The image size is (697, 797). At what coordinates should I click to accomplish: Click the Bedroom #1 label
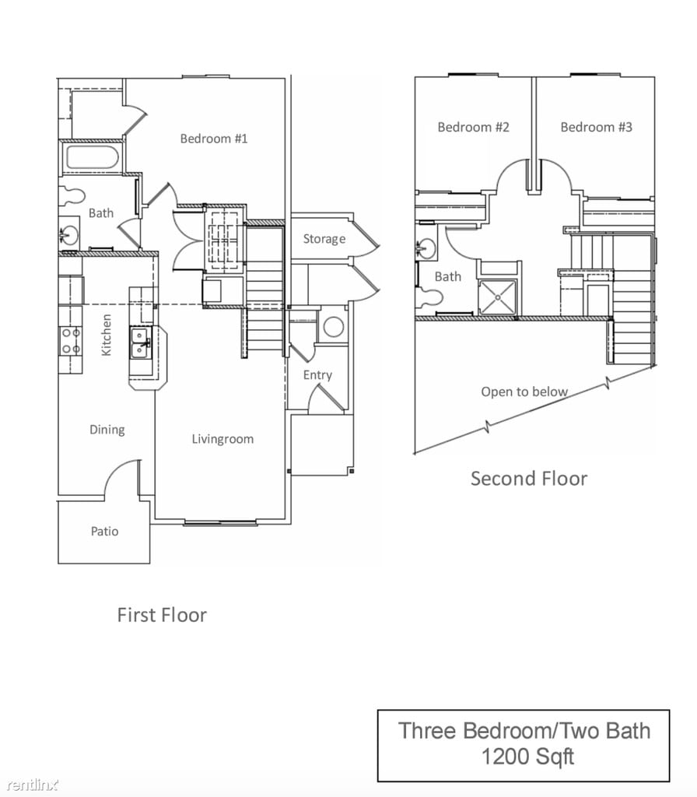tap(213, 139)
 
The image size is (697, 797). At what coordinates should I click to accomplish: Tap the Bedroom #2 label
tap(473, 127)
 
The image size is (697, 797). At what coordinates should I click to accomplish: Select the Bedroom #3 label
tap(596, 127)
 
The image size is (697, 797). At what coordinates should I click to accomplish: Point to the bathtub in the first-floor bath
tap(93, 157)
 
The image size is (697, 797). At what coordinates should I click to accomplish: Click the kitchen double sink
tap(140, 342)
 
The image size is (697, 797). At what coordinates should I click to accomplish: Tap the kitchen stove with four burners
tap(71, 342)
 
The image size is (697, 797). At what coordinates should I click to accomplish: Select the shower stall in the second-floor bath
tap(497, 297)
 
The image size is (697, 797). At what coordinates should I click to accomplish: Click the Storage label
tap(324, 239)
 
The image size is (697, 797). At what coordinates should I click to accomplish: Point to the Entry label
tap(317, 375)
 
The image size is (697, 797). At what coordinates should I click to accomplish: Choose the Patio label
tap(105, 531)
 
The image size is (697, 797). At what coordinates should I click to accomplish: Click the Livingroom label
tap(222, 439)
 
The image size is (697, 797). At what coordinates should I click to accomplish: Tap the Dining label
tap(107, 430)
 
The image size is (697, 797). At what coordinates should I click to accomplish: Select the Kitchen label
tap(106, 335)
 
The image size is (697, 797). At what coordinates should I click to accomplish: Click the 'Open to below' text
tap(524, 391)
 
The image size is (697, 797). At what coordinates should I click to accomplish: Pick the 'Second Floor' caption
tap(529, 479)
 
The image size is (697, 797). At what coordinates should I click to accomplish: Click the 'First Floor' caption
tap(162, 615)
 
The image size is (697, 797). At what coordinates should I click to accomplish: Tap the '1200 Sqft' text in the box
tap(527, 757)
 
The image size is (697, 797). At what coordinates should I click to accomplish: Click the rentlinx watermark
tap(31, 785)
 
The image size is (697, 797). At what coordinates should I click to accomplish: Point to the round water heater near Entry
tap(333, 326)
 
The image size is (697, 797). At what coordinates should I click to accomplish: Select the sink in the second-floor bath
tap(425, 248)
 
